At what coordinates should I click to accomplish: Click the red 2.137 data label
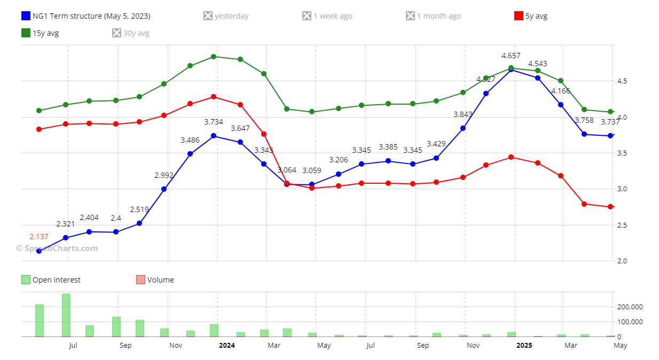(39, 237)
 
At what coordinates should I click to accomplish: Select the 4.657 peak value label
(511, 56)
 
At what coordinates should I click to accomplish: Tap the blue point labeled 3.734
(214, 136)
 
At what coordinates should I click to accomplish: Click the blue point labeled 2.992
(164, 189)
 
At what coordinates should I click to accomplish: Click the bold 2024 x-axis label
(227, 346)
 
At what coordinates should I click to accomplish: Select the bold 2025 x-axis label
(524, 346)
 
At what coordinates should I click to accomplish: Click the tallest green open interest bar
(66, 315)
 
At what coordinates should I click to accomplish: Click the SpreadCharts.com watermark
(57, 248)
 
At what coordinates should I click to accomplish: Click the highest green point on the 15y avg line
(214, 57)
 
